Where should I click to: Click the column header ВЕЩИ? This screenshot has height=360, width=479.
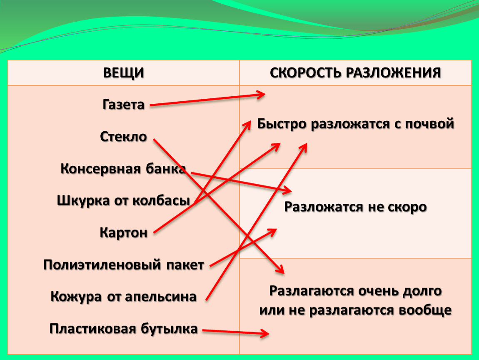coord(123,73)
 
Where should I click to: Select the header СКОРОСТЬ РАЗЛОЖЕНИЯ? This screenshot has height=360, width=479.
coord(355,73)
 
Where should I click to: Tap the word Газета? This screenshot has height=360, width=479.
coord(123,104)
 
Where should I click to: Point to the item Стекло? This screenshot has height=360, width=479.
coord(123,136)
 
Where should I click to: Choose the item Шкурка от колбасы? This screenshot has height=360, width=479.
coord(123,201)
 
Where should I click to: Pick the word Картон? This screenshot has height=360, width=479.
coord(123,232)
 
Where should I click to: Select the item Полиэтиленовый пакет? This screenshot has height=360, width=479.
coord(123,265)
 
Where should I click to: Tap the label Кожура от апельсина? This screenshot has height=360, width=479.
coord(123,297)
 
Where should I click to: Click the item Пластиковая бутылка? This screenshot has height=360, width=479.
coord(123,328)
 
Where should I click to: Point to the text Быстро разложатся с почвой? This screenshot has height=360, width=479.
coord(355,124)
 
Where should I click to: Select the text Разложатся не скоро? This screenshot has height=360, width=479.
coord(355,207)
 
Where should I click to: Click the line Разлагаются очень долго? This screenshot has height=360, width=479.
coord(355,290)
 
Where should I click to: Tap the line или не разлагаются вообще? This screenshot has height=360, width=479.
coord(355,310)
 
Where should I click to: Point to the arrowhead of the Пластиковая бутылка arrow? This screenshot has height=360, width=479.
coord(267,333)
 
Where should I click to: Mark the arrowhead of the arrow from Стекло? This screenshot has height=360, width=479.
coord(282,271)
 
